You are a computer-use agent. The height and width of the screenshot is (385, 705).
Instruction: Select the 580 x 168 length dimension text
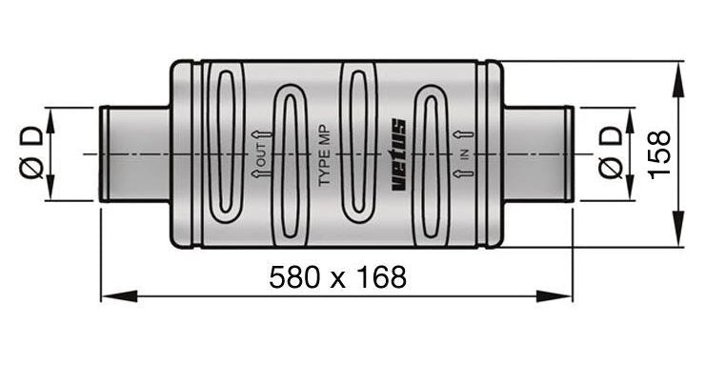(x=337, y=277)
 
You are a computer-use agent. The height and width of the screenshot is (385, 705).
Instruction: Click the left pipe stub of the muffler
(x=134, y=153)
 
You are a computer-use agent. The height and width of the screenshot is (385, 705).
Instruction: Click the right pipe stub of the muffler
(x=538, y=153)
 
